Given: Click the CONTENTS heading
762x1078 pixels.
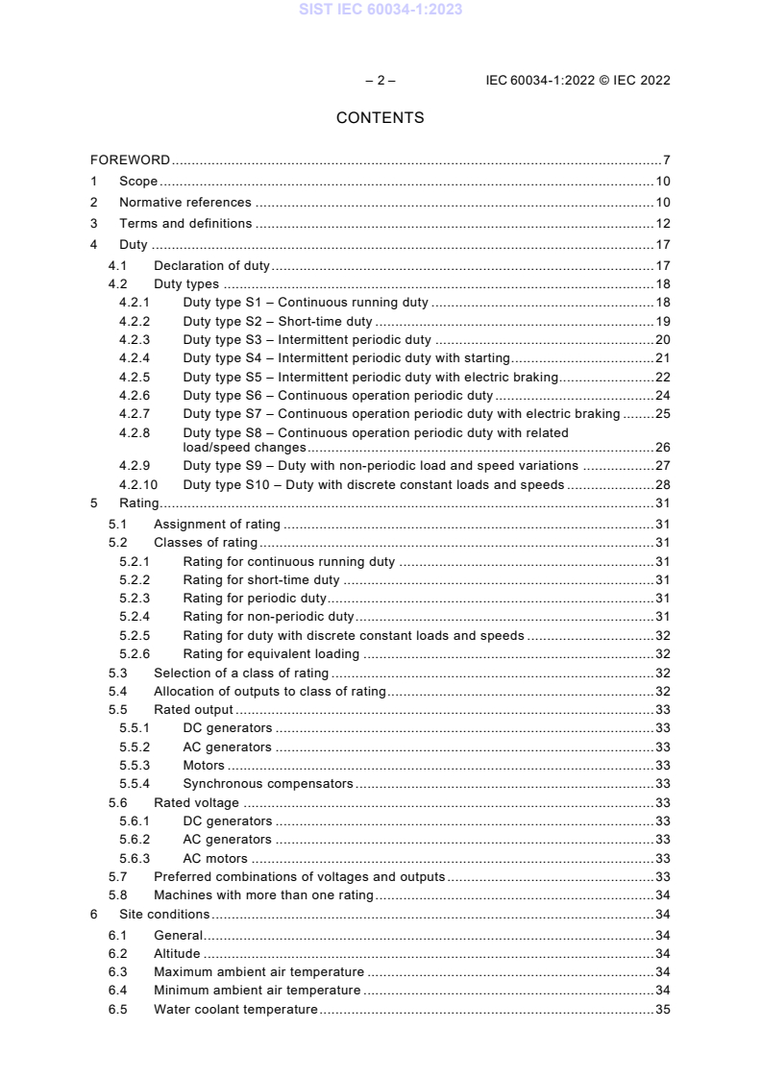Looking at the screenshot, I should [x=380, y=118].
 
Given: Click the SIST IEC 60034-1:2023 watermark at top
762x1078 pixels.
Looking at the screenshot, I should [x=380, y=10].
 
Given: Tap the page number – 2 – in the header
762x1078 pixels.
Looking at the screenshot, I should [x=380, y=80].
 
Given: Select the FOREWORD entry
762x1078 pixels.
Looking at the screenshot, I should [x=130, y=159].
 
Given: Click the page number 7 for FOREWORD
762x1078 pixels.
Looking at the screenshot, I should [x=666, y=159].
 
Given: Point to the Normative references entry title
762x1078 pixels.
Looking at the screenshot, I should [x=184, y=202].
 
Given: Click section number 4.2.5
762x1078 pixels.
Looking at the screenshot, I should [x=135, y=377].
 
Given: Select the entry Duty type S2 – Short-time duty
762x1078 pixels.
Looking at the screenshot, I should [x=277, y=321].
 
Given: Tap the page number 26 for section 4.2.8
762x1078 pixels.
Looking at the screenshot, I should [x=662, y=447].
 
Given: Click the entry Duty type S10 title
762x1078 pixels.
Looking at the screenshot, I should [x=373, y=484].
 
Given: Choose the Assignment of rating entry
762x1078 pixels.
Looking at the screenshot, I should [x=217, y=524].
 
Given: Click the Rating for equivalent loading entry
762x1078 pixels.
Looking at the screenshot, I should [x=271, y=653].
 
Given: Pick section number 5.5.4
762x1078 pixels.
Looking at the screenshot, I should [x=135, y=783].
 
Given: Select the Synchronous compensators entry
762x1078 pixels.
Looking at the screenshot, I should [x=268, y=783].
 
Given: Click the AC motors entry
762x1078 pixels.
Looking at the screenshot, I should [x=215, y=858].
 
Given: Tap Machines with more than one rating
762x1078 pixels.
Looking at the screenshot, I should [x=263, y=894].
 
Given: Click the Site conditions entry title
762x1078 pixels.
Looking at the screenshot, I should [x=164, y=914].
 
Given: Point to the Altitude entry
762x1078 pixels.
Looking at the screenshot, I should [x=177, y=953].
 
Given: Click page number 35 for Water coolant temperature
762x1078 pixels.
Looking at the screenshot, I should [x=662, y=1009].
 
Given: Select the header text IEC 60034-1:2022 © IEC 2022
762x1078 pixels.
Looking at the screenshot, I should [x=578, y=80].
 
